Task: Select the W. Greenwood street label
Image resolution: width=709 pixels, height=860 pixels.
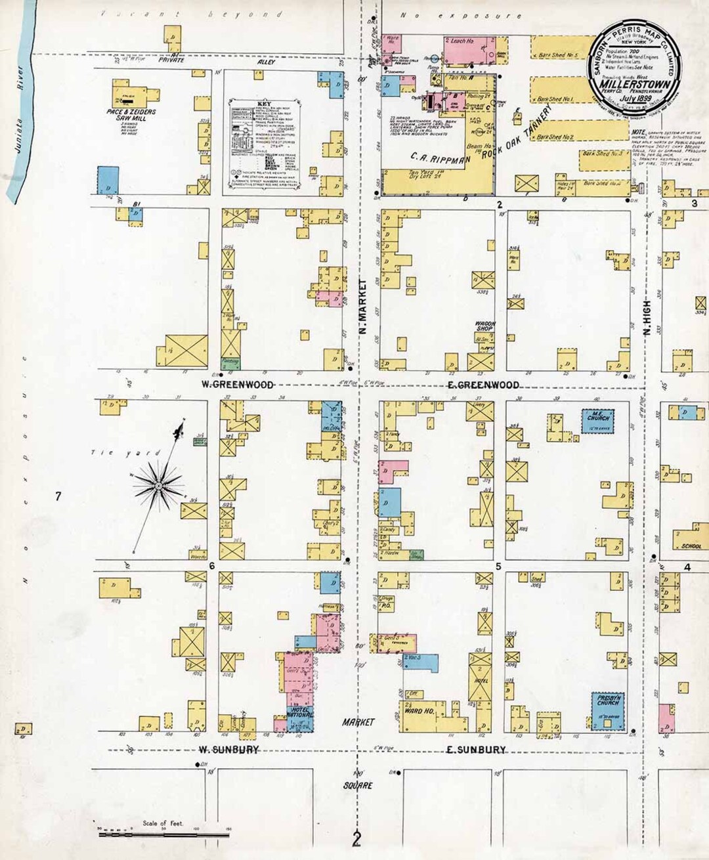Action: (x=237, y=385)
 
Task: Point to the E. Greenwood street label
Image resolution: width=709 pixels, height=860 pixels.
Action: (x=483, y=385)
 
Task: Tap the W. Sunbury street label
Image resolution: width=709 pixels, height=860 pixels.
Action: (x=228, y=749)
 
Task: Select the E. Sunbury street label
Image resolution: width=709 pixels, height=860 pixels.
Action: (x=477, y=749)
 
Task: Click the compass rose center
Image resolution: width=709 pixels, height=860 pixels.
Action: (x=158, y=486)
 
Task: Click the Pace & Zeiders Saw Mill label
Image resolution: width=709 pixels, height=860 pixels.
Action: (x=131, y=116)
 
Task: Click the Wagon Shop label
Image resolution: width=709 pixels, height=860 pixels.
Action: (x=484, y=326)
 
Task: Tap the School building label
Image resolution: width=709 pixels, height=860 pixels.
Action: (x=691, y=546)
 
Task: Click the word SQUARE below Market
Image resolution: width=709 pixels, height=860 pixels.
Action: (x=357, y=785)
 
